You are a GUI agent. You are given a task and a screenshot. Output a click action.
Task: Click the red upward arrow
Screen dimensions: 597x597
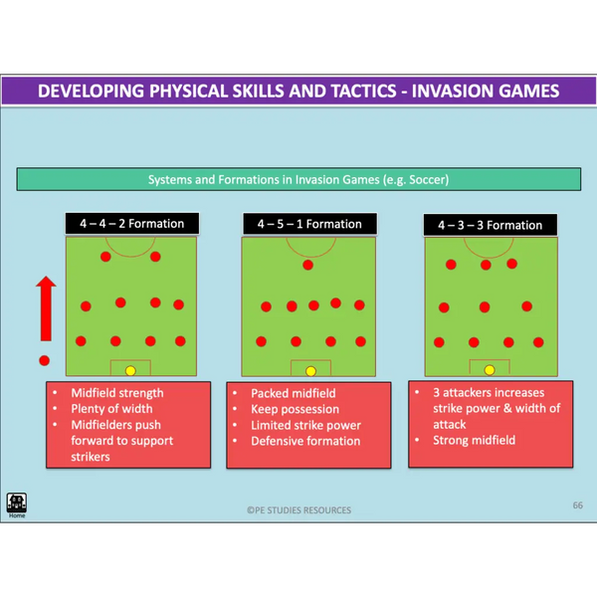pyautogui.click(x=46, y=308)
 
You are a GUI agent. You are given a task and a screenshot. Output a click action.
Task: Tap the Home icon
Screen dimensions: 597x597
pyautogui.click(x=16, y=503)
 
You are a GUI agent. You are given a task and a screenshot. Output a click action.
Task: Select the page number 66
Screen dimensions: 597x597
pyautogui.click(x=577, y=505)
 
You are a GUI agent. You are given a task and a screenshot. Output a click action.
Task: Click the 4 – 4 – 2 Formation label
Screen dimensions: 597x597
pyautogui.click(x=132, y=224)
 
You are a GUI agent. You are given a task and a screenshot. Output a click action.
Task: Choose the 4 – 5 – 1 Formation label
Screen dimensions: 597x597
pyautogui.click(x=309, y=224)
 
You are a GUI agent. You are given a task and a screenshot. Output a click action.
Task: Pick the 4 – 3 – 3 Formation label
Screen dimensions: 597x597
pyautogui.click(x=491, y=225)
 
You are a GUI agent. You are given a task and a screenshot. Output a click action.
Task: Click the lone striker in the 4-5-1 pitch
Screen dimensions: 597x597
pyautogui.click(x=308, y=265)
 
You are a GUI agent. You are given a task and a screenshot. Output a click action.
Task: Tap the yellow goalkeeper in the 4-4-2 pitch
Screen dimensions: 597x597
pyautogui.click(x=130, y=371)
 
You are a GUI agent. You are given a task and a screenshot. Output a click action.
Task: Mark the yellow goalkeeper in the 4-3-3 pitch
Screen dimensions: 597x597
pyautogui.click(x=490, y=370)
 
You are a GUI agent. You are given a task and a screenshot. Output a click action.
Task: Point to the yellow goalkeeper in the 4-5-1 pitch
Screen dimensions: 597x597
pyautogui.click(x=311, y=371)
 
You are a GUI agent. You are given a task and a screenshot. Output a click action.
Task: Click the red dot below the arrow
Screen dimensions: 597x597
pyautogui.click(x=45, y=360)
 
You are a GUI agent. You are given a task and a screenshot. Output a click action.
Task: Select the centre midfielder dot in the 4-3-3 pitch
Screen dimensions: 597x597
pyautogui.click(x=485, y=306)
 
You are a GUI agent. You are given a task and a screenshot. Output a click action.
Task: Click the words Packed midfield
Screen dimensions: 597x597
pyautogui.click(x=294, y=393)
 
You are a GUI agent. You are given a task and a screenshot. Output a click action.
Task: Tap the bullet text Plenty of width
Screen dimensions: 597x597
pyautogui.click(x=111, y=409)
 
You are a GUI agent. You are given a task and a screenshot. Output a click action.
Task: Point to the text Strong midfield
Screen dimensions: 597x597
pyautogui.click(x=474, y=440)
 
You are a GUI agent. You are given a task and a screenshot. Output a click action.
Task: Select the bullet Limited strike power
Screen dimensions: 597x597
pyautogui.click(x=305, y=425)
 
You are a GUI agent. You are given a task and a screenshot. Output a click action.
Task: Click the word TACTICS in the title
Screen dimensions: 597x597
pyautogui.click(x=363, y=91)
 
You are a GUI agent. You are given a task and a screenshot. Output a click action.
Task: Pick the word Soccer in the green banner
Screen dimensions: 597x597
pyautogui.click(x=428, y=179)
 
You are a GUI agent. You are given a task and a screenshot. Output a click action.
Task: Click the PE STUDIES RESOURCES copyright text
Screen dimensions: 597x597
pyautogui.click(x=298, y=510)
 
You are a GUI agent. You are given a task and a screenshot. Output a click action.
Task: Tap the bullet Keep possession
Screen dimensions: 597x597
pyautogui.click(x=296, y=409)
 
